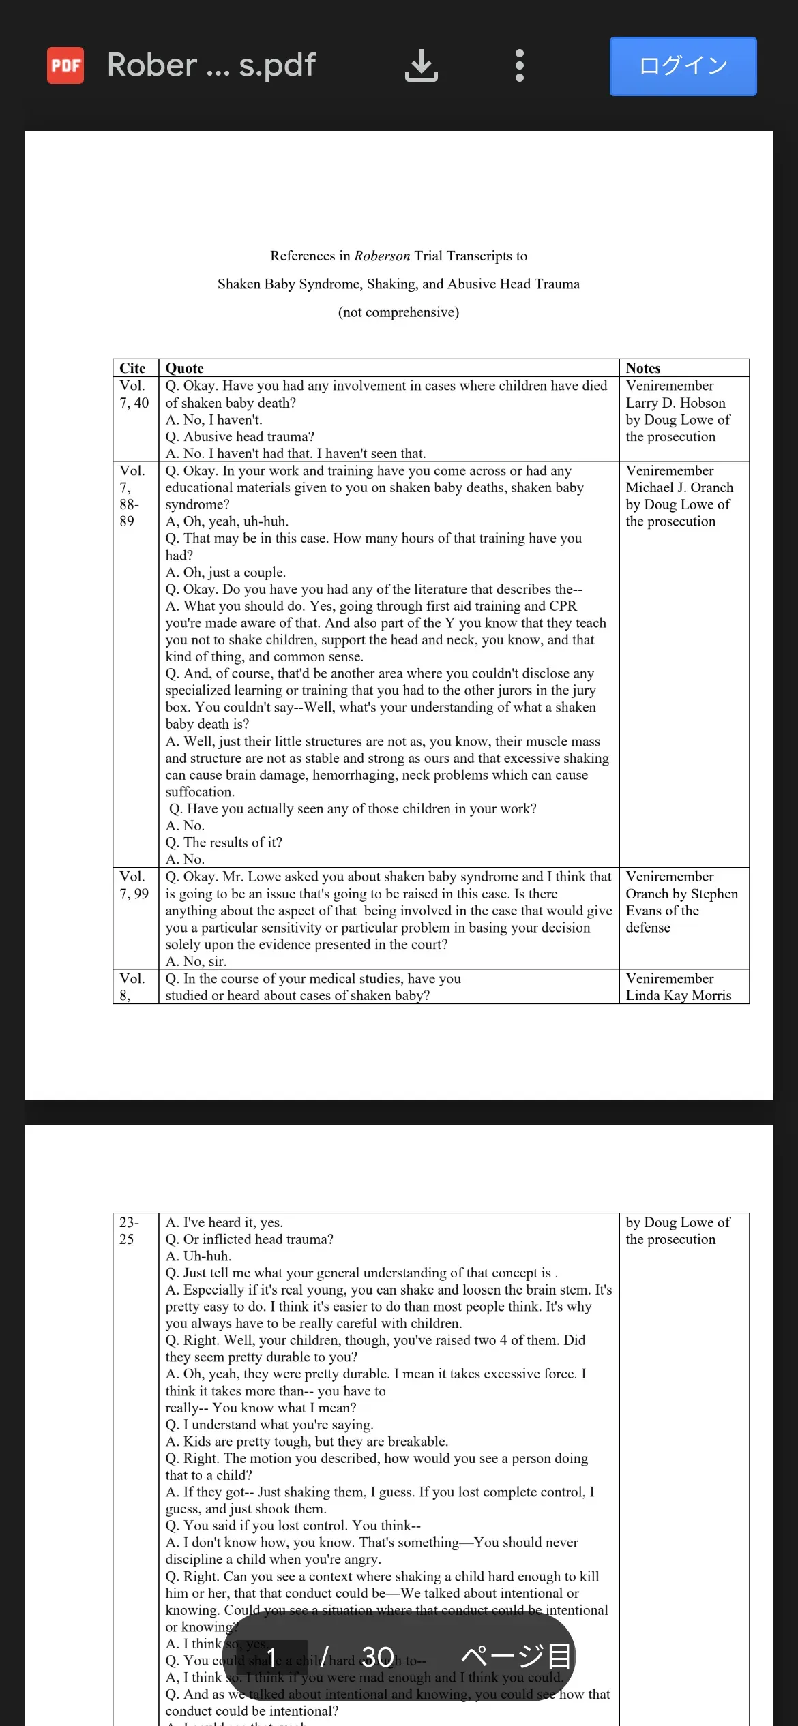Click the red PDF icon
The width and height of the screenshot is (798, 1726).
pos(65,65)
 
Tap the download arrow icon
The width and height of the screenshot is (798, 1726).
pos(422,65)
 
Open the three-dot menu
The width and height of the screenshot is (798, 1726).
pos(520,65)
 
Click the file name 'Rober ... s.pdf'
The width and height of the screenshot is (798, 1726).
pos(211,65)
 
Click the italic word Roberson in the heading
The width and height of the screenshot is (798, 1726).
pos(382,256)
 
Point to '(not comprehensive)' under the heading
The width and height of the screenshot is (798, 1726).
pos(398,312)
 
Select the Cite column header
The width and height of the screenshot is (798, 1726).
pos(132,368)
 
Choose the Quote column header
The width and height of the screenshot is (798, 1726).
pos(185,368)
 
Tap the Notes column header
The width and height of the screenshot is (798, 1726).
pos(643,368)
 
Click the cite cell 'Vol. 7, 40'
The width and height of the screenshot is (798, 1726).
pos(134,394)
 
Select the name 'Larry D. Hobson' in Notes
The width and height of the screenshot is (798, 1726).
pos(675,403)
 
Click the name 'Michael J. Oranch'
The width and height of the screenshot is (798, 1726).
pos(679,487)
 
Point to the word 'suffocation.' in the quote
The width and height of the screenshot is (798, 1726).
pos(200,792)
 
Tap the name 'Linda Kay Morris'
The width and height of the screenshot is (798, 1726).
pos(679,995)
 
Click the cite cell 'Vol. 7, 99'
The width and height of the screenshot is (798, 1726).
pos(134,885)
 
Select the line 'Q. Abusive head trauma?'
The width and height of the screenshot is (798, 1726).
pos(239,436)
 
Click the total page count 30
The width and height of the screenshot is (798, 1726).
pos(377,1656)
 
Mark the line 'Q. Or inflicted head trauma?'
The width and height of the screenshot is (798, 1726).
pos(249,1239)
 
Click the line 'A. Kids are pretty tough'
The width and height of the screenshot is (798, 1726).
pos(307,1442)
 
